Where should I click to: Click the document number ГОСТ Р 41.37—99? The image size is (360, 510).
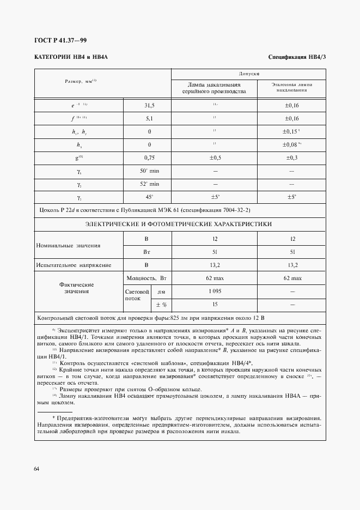click(x=60, y=40)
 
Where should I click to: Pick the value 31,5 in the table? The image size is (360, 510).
click(x=149, y=105)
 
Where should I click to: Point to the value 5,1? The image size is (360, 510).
click(x=149, y=118)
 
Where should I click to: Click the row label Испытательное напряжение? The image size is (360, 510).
click(x=74, y=265)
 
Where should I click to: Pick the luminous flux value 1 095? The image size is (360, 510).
click(x=215, y=291)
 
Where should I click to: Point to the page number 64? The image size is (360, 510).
click(x=36, y=469)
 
